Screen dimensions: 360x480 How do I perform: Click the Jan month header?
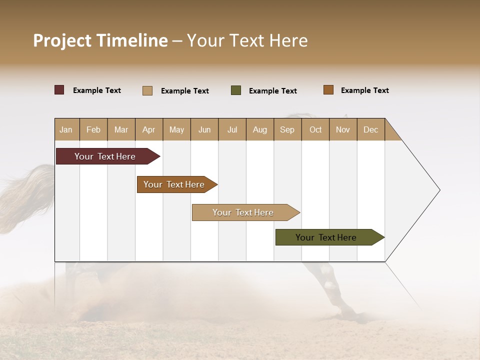[66, 129]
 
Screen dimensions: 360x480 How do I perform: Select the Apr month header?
[148, 129]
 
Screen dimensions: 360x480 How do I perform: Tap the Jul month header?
[232, 129]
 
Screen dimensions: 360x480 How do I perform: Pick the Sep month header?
[287, 129]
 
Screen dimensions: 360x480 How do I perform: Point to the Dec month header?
[370, 129]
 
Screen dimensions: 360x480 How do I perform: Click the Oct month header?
[315, 129]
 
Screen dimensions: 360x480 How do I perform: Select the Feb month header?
[93, 129]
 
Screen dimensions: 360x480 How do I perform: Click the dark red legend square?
[59, 90]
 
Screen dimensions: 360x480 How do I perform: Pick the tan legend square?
[147, 90]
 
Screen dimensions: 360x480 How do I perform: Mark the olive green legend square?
[236, 90]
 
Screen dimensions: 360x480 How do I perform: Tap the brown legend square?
[328, 90]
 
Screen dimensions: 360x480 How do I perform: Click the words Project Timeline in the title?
[100, 40]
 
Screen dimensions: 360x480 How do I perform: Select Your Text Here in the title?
[247, 40]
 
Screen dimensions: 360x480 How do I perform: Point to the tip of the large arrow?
[438, 190]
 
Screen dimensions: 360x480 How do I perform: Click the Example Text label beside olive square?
[272, 91]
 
